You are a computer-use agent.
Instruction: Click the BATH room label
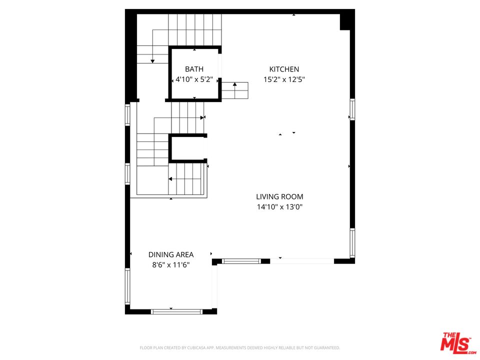(x=194, y=69)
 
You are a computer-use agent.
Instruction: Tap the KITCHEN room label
(x=284, y=69)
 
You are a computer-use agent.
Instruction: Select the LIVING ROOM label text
(x=279, y=197)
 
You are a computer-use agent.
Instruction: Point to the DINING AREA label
(x=170, y=254)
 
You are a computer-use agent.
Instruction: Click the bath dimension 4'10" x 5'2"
(x=194, y=79)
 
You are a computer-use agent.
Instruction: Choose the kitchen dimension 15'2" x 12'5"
(x=284, y=79)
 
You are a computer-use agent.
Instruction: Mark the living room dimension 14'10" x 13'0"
(x=279, y=206)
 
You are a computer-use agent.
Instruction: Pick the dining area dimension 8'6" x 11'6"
(x=170, y=265)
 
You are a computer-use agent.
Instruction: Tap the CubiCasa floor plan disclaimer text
(x=240, y=347)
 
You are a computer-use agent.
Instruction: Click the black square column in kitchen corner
(x=346, y=21)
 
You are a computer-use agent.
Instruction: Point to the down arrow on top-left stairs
(x=152, y=60)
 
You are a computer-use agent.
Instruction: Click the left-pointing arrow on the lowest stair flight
(x=170, y=178)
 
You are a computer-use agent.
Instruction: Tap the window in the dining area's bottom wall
(x=176, y=311)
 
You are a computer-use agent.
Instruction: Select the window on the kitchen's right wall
(x=352, y=109)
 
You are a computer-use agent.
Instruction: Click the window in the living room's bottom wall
(x=241, y=261)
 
